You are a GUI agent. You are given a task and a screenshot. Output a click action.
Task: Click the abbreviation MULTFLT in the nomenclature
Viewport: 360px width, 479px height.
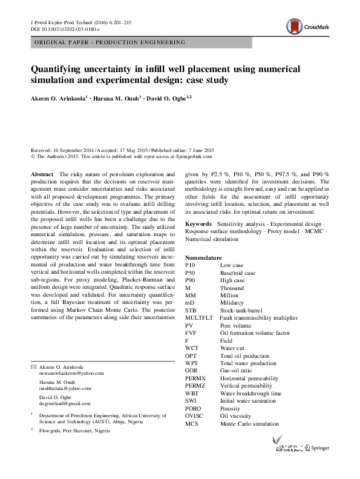(x=199, y=317)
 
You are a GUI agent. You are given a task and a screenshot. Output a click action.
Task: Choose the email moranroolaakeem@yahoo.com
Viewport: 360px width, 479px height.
(x=67, y=374)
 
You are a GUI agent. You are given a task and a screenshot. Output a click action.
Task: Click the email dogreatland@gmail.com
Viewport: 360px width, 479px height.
(x=64, y=402)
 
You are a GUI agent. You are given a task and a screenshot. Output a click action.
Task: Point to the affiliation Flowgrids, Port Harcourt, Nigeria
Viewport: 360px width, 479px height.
(x=76, y=431)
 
